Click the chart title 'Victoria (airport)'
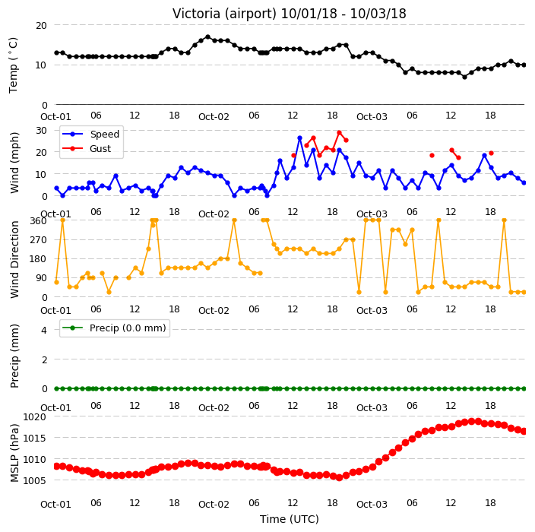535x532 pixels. pos(224,14)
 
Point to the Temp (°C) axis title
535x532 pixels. pos(13,65)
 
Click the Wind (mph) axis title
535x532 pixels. pos(14,163)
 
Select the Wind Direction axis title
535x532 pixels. pos(14,259)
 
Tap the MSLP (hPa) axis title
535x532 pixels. pos(14,453)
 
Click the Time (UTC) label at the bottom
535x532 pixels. pos(290,519)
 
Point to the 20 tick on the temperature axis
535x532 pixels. pos(41,26)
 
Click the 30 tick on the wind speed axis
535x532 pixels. pos(41,131)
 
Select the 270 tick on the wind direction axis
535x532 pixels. pos(39,240)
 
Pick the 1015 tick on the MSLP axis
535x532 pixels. pos(34,438)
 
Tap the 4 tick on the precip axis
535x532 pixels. pos(44,330)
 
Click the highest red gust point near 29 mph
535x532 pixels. pos(339,133)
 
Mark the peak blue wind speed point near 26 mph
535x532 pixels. pos(300,138)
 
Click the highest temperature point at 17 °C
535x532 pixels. pos(207,36)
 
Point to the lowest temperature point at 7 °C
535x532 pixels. pos(465,77)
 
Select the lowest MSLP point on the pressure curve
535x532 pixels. pos(339,478)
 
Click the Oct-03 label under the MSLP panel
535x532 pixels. pos(372,505)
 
